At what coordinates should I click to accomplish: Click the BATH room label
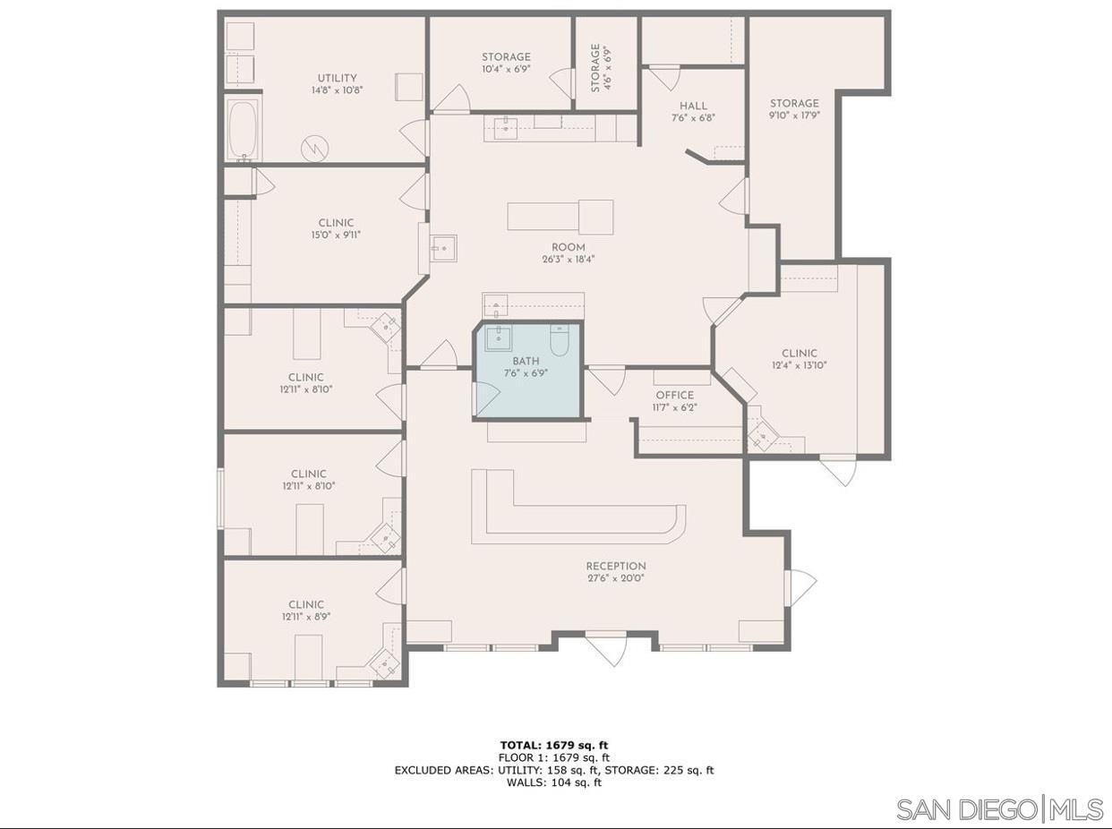[526, 362]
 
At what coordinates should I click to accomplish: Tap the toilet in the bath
[560, 340]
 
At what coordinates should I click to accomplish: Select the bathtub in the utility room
[243, 130]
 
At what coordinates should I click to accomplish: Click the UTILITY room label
[337, 78]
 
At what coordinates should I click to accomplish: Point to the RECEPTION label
[616, 566]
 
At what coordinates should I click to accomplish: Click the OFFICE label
[674, 395]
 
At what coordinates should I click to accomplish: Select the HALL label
[693, 106]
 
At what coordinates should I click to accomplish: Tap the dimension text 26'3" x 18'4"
[569, 260]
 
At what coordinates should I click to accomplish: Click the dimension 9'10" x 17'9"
[794, 115]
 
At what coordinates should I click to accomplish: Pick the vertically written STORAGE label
[595, 68]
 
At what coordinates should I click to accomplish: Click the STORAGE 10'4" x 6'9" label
[506, 57]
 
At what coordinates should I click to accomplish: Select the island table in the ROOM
[560, 217]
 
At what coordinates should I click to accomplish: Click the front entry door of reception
[606, 646]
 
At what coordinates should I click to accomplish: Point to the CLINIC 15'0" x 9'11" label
[336, 223]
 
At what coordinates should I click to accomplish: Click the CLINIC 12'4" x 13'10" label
[799, 354]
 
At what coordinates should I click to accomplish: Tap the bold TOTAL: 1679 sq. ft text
[555, 745]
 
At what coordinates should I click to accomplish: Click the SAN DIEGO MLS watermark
[999, 809]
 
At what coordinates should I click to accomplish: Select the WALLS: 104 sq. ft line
[554, 782]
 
